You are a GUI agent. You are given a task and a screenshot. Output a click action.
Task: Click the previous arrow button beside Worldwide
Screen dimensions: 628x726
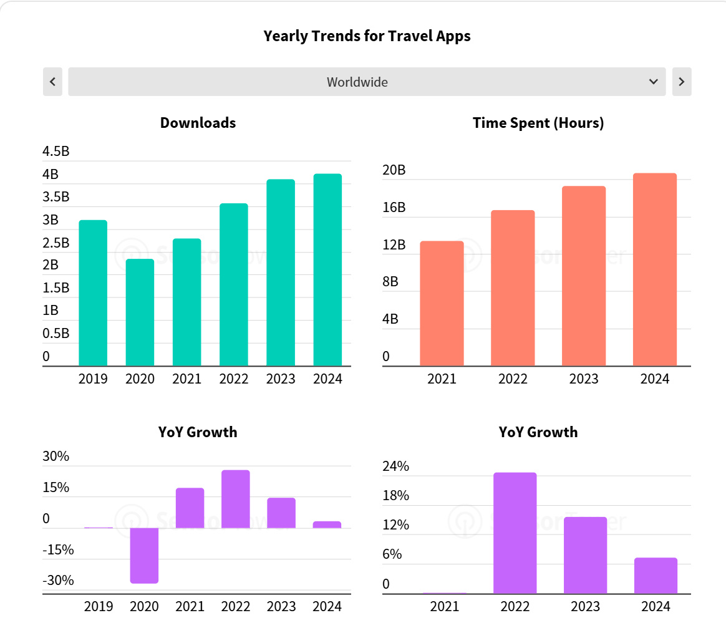[x=52, y=82]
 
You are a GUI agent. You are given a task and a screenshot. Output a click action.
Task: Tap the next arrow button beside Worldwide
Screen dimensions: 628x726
[x=681, y=82]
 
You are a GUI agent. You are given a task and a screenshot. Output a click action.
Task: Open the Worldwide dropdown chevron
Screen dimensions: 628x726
[x=653, y=82]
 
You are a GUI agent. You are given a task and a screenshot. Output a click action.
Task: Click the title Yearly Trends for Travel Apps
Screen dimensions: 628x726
[x=367, y=36]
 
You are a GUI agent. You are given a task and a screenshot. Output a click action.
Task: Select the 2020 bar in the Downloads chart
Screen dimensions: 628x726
[x=140, y=312]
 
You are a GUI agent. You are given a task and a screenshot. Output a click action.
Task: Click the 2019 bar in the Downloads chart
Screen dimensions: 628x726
[x=93, y=292]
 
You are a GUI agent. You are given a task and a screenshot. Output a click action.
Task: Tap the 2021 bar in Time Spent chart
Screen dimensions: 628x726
[x=442, y=303]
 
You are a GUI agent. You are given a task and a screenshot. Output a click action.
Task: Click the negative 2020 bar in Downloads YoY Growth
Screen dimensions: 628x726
[x=144, y=555]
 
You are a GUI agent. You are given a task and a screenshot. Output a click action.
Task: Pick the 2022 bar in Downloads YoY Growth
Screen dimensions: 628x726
[x=236, y=499]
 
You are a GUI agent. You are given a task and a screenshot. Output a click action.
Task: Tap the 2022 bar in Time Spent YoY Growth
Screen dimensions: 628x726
[x=515, y=533]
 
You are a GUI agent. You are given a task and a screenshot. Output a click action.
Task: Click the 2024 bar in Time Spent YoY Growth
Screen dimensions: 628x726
[x=656, y=575]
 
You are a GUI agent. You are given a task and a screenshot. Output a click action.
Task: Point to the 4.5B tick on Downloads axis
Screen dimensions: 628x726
[x=56, y=152]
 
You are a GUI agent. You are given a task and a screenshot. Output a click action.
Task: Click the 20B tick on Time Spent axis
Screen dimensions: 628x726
[x=394, y=170]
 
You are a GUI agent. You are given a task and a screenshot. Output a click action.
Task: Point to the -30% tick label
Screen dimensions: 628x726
[x=58, y=581]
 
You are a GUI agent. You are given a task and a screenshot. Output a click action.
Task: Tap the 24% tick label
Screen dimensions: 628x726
[x=395, y=466]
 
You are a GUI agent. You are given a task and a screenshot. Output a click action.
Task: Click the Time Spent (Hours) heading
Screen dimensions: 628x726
[x=538, y=123]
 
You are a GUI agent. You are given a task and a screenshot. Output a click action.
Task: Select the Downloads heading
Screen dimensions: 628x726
[x=198, y=123]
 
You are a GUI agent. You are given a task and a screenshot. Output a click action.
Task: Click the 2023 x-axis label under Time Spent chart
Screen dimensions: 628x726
[x=584, y=379]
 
